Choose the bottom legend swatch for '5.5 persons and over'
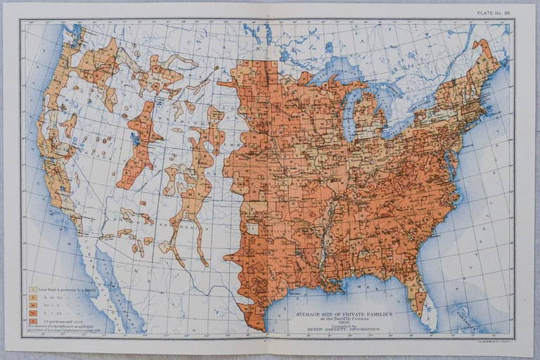point(33,320)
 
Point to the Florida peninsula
point(424,302)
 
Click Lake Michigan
point(351,112)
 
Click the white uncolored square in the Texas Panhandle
point(251,229)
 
